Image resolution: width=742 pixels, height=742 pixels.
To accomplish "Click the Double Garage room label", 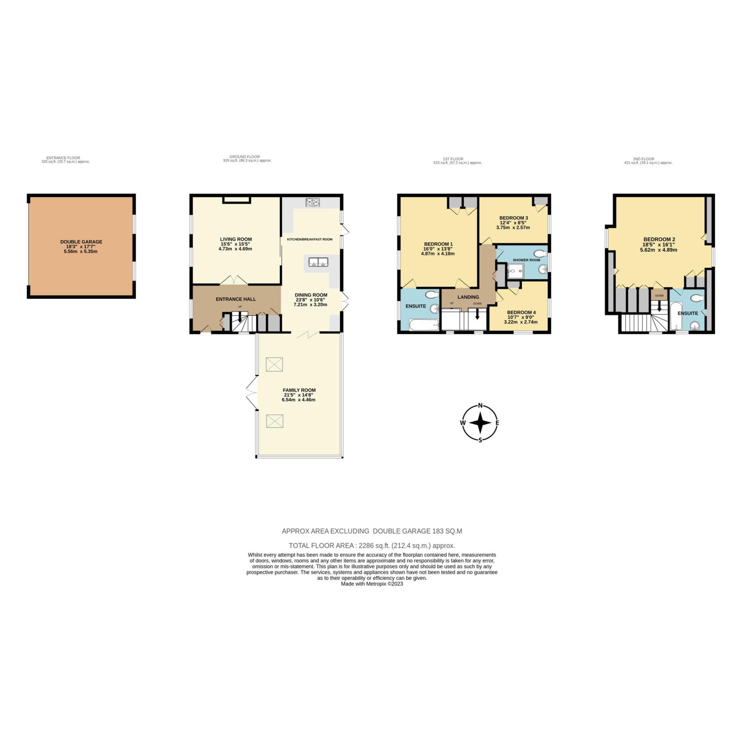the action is pos(81,242).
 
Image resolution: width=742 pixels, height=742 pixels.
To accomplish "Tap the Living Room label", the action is pos(236,239).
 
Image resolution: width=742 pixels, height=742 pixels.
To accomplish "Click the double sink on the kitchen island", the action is pos(318,262).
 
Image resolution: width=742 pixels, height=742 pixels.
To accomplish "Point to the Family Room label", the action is pos(299,390).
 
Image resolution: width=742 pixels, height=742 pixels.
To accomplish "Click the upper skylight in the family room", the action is pos(275,364).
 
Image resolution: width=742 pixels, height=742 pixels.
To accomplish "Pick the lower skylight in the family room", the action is pos(275,421).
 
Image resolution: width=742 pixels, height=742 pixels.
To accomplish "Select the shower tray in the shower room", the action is pos(516,271).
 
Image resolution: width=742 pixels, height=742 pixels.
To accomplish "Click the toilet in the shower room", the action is pos(542,253).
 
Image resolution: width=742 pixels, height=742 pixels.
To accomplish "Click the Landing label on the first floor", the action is pos(468,297).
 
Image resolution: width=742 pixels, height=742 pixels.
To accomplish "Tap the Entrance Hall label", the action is pos(236,299).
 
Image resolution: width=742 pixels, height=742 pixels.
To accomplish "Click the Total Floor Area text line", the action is pos(372,545).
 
